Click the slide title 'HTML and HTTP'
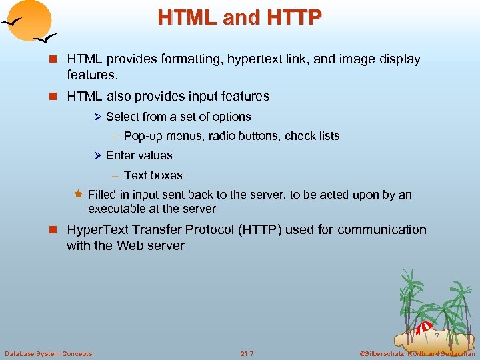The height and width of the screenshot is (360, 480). click(x=239, y=17)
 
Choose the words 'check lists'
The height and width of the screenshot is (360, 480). click(x=312, y=136)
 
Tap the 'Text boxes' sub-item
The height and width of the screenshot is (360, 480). click(x=153, y=175)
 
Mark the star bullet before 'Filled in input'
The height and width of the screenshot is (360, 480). click(x=78, y=195)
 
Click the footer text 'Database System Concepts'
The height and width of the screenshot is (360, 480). click(x=49, y=353)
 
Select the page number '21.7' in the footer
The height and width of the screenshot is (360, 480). click(x=247, y=353)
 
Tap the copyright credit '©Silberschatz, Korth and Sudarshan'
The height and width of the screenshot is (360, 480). click(x=416, y=353)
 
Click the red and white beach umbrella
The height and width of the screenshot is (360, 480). click(x=424, y=328)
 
